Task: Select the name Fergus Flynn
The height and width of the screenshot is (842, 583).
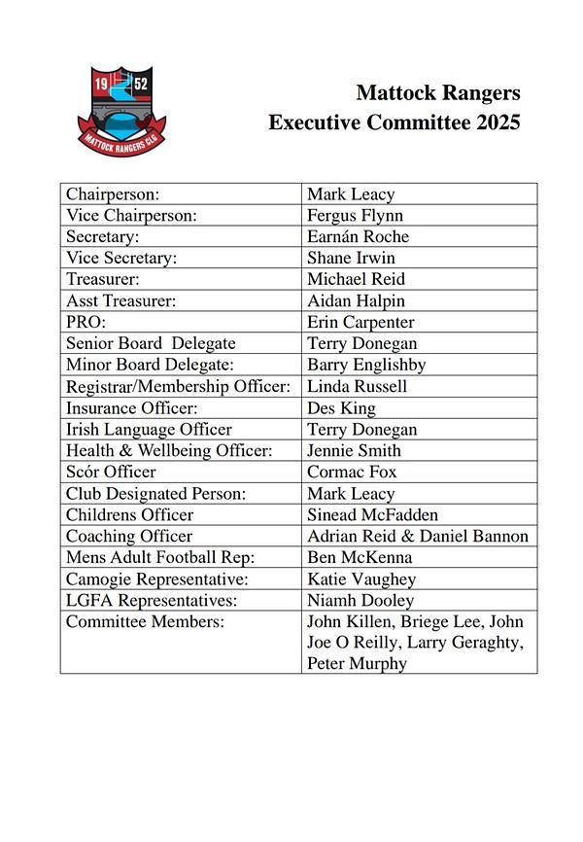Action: tap(355, 216)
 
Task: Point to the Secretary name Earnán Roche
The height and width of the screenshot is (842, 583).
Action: tap(358, 237)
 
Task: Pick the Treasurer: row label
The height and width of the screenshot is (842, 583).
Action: tap(103, 280)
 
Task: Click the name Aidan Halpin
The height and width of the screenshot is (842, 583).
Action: tap(356, 301)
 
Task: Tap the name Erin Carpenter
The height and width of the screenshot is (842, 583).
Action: tap(360, 323)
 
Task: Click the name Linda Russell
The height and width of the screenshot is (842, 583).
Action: tap(357, 387)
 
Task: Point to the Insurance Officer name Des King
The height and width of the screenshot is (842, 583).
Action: tap(341, 408)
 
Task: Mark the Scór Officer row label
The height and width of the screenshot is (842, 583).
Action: tap(111, 473)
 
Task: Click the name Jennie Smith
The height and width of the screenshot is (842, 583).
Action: tap(354, 451)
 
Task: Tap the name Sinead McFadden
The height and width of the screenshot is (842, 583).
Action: tap(372, 515)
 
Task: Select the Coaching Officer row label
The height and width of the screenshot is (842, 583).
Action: tap(129, 537)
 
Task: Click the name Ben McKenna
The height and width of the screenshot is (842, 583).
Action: tap(360, 558)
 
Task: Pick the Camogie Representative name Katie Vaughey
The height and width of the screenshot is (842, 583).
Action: tap(361, 579)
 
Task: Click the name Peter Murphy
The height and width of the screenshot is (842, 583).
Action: tap(357, 664)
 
